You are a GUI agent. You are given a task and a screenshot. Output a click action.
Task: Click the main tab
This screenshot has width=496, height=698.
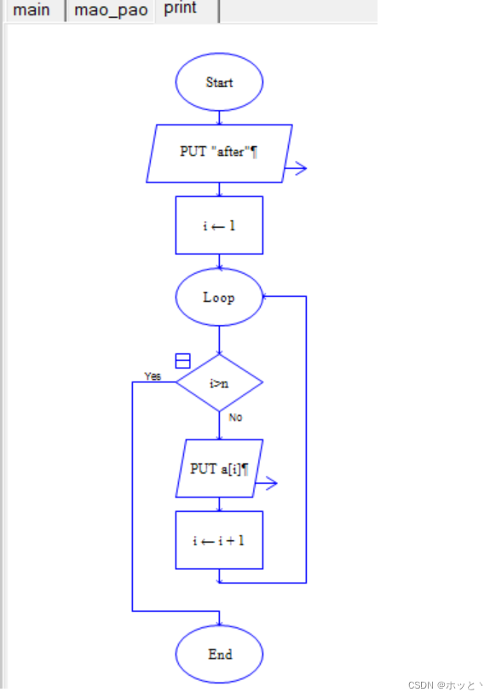coord(32,10)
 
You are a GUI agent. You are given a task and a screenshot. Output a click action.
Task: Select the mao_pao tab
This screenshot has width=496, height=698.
coord(110,10)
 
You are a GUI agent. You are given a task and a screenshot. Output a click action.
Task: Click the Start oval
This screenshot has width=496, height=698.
coord(219,83)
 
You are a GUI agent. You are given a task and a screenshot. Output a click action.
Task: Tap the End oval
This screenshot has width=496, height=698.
coord(219,654)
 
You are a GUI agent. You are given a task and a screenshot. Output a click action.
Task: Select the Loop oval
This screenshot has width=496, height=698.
coord(219,297)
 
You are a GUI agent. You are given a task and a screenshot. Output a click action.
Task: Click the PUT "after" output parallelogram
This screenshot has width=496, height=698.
coord(219,153)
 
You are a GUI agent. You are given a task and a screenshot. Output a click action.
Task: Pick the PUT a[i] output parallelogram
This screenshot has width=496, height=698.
coord(219,468)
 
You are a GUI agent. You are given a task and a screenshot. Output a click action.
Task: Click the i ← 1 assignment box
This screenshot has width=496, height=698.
coord(219,225)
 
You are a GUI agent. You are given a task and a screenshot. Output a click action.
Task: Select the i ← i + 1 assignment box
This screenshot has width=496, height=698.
coord(219,540)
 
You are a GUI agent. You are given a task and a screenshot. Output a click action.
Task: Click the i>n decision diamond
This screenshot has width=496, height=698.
coord(219,383)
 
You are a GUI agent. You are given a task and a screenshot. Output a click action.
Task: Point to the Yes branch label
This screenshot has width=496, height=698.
coord(153,376)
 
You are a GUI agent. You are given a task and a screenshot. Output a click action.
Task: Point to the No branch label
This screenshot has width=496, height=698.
coord(235,417)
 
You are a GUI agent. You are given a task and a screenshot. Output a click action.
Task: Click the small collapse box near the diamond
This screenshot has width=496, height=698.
coord(182,361)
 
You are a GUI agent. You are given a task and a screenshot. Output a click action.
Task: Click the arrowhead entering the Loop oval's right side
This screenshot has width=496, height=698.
coord(266,297)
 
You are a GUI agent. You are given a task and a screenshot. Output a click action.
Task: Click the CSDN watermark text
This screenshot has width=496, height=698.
coord(444,684)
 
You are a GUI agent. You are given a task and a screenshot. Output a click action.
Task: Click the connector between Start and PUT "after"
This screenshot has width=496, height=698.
coord(219,118)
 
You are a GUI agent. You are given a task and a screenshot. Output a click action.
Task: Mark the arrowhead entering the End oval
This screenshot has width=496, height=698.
coord(219,623)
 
